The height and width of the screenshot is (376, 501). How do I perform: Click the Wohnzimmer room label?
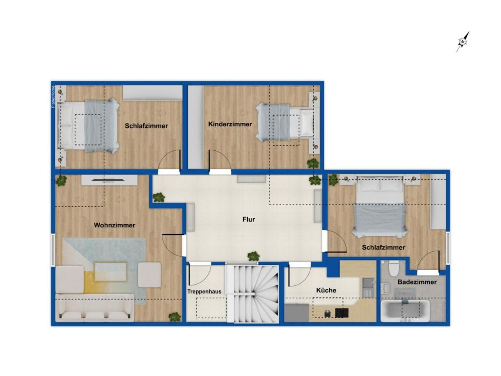(114, 225)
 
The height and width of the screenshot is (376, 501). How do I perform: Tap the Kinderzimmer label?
(230, 124)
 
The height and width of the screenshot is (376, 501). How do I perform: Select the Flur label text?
(249, 219)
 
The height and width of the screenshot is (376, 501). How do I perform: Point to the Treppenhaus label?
(204, 292)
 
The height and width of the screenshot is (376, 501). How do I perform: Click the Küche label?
(326, 290)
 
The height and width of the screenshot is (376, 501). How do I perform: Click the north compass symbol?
(463, 41)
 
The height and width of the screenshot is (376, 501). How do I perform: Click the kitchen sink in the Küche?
(368, 287)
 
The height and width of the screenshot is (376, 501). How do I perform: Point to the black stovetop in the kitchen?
(342, 313)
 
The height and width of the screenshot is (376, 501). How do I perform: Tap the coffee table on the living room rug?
(111, 271)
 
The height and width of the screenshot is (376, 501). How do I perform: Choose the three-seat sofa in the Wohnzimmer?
(95, 307)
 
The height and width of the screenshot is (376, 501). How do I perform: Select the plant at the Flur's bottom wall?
(253, 256)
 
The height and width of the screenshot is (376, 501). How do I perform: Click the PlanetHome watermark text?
(53, 96)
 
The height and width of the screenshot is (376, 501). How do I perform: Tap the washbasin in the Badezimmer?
(386, 288)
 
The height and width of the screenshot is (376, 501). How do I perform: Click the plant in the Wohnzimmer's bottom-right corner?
(175, 317)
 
